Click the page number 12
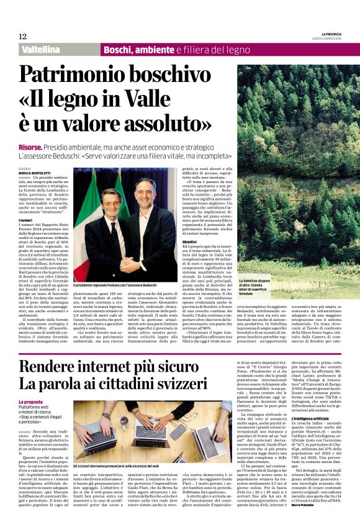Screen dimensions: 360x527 click(22, 36)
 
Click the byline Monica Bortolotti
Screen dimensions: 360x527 click(35, 173)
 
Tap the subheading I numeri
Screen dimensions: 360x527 click(25, 237)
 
